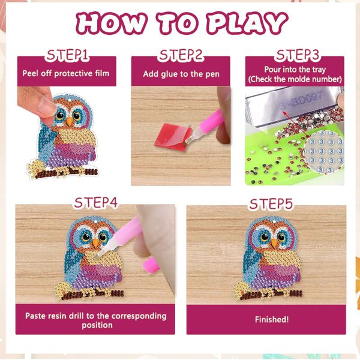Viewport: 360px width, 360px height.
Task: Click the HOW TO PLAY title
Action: point(180,23)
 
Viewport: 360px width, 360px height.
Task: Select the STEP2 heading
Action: point(181,56)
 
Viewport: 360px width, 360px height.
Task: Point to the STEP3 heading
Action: point(295,56)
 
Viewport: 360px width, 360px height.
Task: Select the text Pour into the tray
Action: point(295,70)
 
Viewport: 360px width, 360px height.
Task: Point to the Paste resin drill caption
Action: point(95,320)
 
